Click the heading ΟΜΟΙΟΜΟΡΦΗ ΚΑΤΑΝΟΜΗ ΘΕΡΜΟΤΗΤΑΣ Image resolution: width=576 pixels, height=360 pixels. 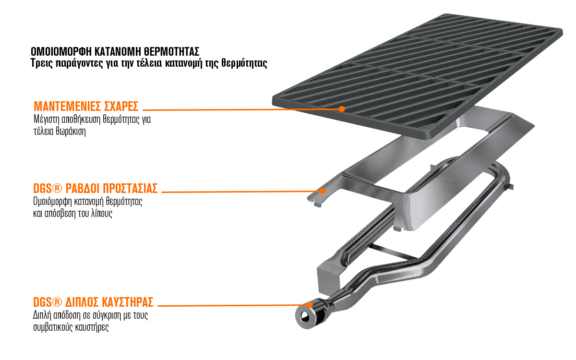coord(115,52)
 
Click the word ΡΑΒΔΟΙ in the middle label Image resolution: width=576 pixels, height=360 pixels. coord(82,188)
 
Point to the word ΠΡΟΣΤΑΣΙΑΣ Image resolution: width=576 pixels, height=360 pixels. coord(130,188)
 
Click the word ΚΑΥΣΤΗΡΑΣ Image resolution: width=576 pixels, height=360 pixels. coord(128,302)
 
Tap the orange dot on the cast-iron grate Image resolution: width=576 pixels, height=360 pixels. coord(341,109)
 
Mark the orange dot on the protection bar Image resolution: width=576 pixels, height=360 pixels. coord(323,191)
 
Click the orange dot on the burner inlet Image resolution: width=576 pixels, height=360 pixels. coord(310,305)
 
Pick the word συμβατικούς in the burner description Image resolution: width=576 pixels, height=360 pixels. coord(53,327)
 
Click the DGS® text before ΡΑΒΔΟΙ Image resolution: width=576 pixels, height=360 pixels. coord(48,188)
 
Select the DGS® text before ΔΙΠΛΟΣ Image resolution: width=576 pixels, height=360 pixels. coord(48,302)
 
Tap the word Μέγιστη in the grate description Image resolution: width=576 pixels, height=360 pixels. coord(47,120)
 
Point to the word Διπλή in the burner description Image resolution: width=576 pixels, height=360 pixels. coord(41,315)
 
